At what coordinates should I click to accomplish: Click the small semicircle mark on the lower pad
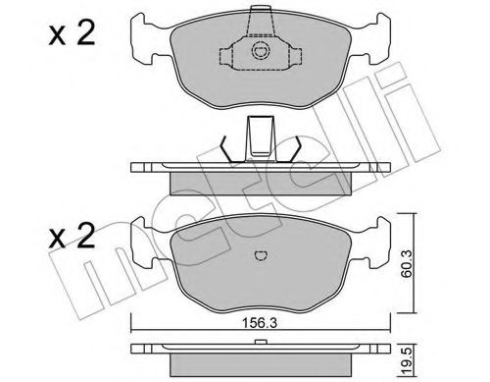260,257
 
